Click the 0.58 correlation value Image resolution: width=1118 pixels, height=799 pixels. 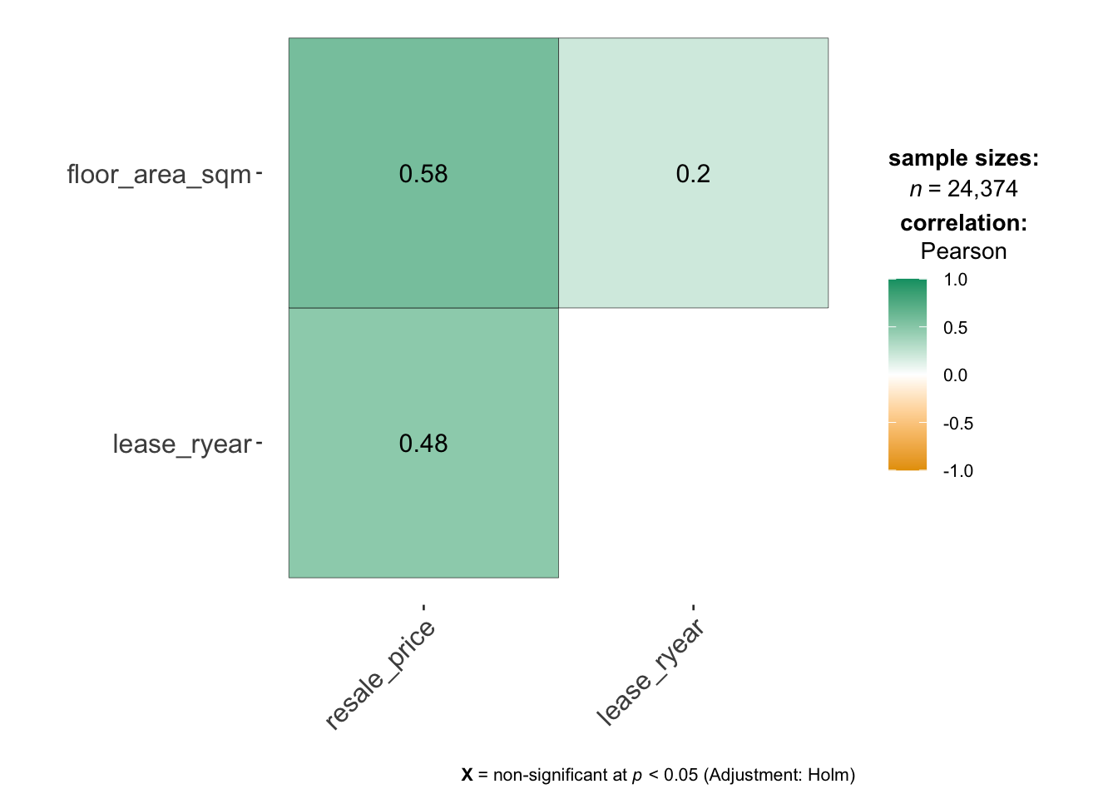click(423, 174)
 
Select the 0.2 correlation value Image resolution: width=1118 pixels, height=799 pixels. click(693, 174)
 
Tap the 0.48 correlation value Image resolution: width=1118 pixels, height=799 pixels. click(423, 444)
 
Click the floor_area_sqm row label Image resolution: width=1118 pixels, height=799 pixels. click(159, 175)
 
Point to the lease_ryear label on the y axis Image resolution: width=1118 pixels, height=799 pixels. click(181, 444)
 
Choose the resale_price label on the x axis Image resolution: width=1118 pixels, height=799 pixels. click(381, 675)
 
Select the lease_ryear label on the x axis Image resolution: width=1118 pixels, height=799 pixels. click(651, 672)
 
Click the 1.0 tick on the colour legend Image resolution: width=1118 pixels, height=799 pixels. click(956, 280)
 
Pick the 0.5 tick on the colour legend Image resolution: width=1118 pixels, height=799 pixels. click(956, 328)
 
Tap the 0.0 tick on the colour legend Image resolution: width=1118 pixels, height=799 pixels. click(956, 375)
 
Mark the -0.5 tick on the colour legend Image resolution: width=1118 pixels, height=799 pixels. click(957, 424)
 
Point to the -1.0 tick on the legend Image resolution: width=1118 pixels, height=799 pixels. click(957, 471)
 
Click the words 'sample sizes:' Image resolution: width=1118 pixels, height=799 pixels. click(963, 158)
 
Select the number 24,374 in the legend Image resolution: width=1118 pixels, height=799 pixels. click(982, 189)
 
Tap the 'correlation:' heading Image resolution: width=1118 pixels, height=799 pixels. click(963, 223)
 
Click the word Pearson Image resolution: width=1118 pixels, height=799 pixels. click(963, 251)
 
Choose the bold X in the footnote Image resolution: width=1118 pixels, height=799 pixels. click(467, 775)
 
